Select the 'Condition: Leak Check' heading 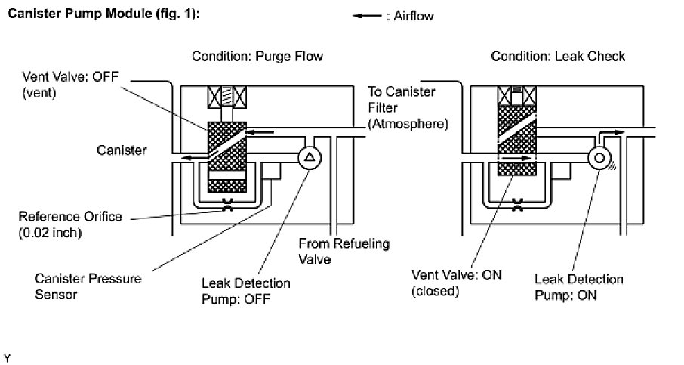click(x=558, y=57)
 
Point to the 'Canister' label click(x=122, y=150)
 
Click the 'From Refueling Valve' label click(x=334, y=250)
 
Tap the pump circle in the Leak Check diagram click(x=601, y=158)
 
